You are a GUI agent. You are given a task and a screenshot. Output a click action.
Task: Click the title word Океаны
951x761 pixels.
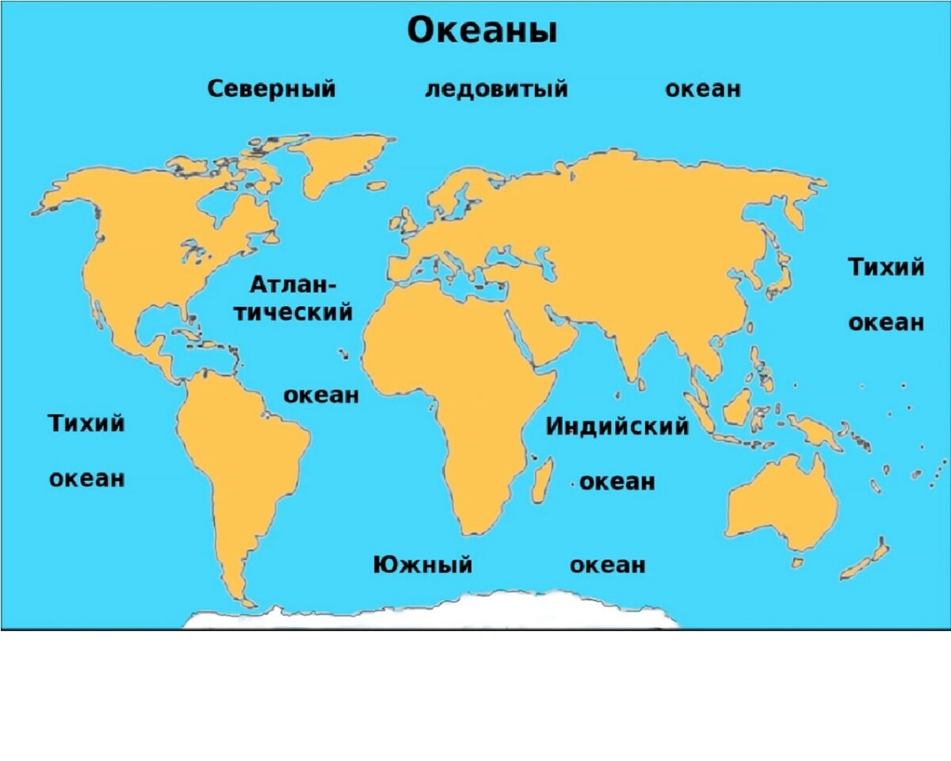pyautogui.click(x=481, y=32)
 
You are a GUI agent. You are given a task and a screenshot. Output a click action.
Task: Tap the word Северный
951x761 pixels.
pyautogui.click(x=271, y=89)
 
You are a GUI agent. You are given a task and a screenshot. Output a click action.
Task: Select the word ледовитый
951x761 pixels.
pyautogui.click(x=496, y=89)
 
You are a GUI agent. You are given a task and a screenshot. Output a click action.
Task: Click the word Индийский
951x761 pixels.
pyautogui.click(x=617, y=426)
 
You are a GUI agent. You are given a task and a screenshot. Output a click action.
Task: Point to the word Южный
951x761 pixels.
pyautogui.click(x=422, y=564)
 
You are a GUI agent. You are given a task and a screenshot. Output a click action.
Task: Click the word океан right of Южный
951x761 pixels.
pyautogui.click(x=607, y=564)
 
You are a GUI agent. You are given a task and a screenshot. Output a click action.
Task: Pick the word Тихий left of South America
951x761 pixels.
pyautogui.click(x=87, y=423)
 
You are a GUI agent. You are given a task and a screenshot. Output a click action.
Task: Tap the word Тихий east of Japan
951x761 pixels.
pyautogui.click(x=886, y=267)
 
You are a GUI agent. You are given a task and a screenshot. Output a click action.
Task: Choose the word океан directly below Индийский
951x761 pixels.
pyautogui.click(x=617, y=481)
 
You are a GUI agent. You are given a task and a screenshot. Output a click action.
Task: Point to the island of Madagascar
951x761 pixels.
pyautogui.click(x=543, y=480)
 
